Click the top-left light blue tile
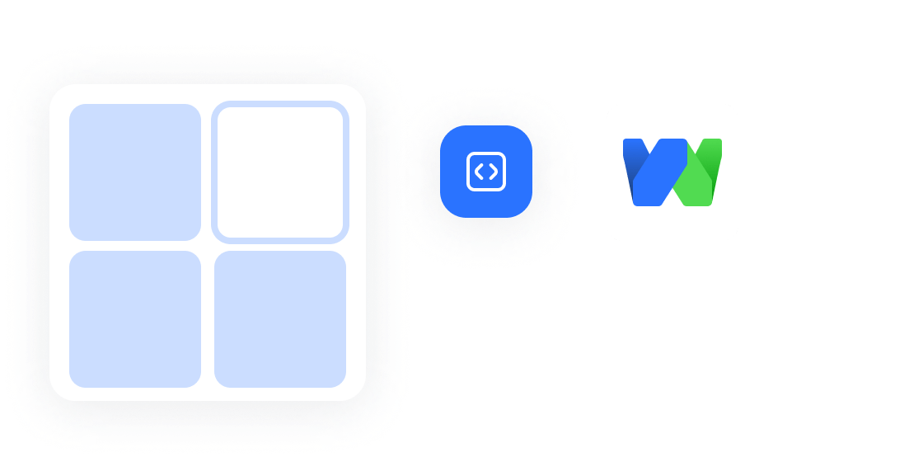[135, 172]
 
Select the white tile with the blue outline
[280, 172]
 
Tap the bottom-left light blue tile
[135, 318]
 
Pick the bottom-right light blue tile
[280, 318]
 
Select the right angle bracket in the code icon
[493, 172]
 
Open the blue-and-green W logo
[672, 172]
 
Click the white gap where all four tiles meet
[207, 246]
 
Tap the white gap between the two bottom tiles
[208, 318]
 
